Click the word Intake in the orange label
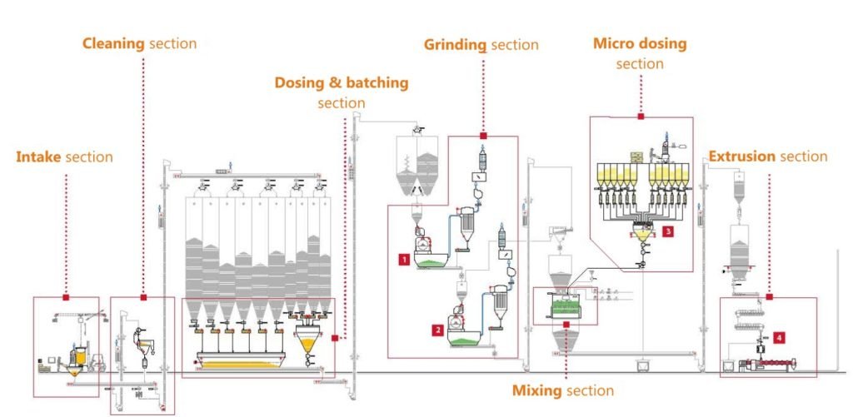coord(38,156)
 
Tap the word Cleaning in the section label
coord(113,42)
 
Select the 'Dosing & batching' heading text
coord(342,82)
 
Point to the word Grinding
coord(455,44)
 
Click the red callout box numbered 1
coord(403,260)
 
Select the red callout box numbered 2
coord(436,330)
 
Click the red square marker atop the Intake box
coord(66,297)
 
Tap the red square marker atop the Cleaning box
coord(143,297)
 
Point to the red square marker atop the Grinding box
coord(482,136)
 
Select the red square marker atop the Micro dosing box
coord(641,117)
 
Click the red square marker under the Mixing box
coord(565,325)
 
